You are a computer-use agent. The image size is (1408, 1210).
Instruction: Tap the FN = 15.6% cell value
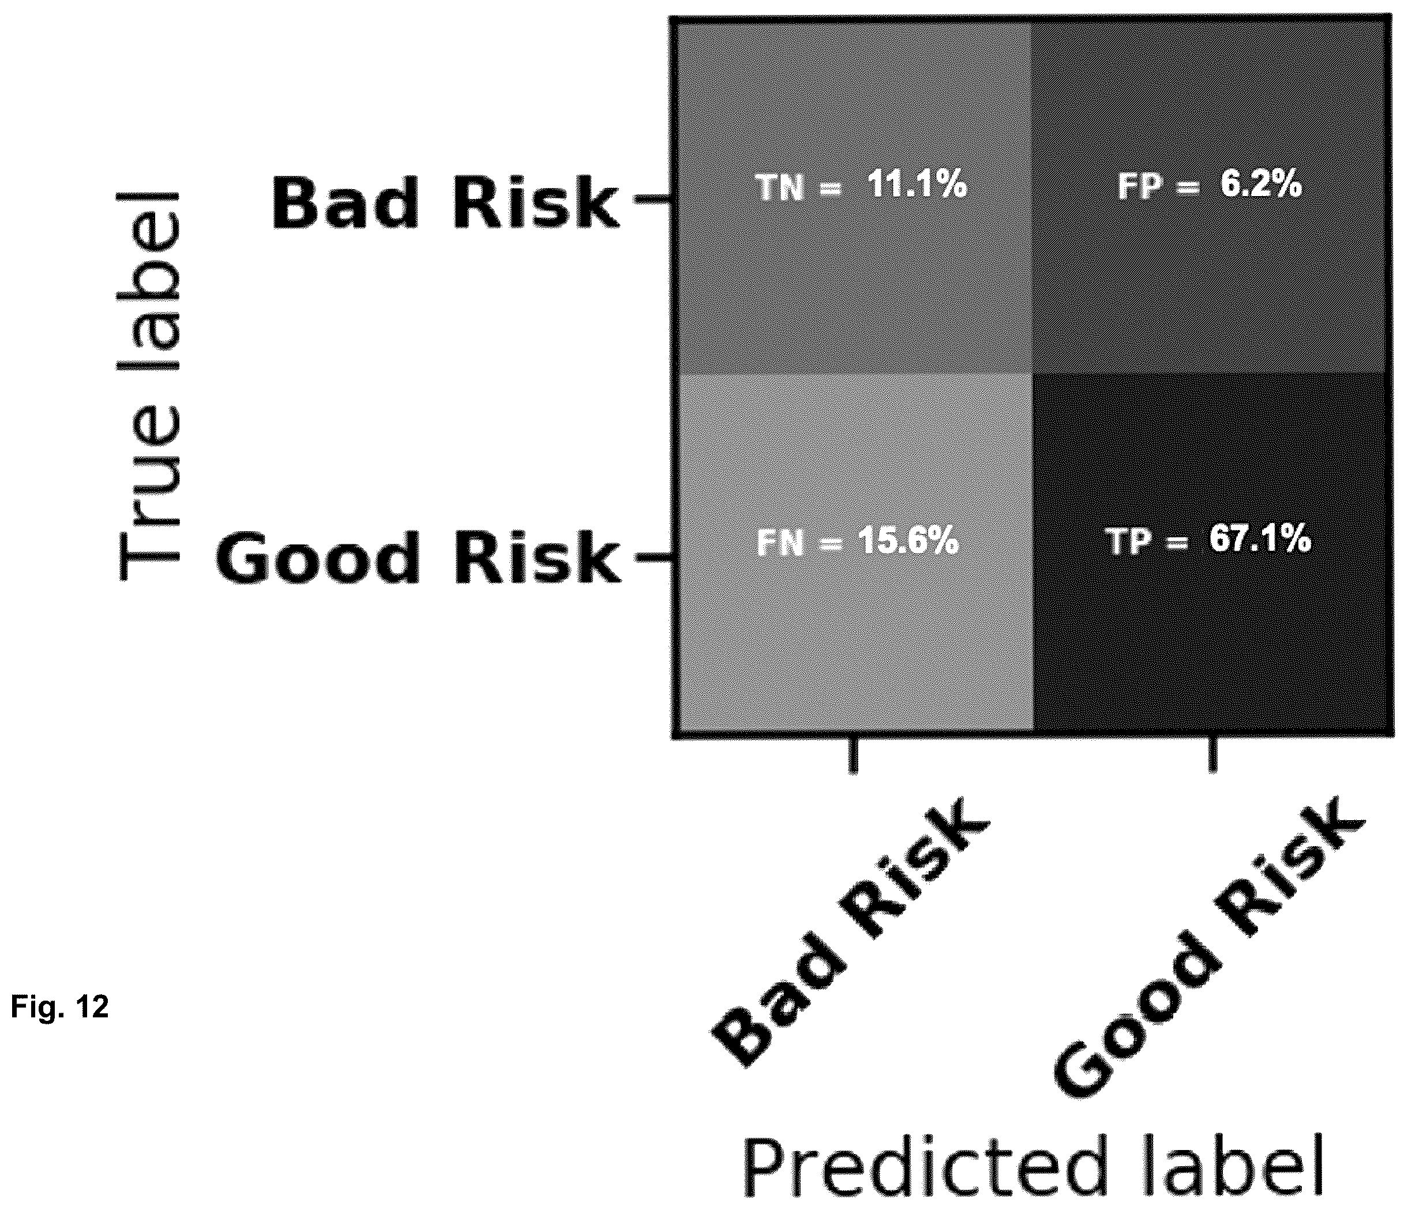(858, 542)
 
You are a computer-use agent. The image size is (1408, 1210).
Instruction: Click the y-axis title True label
(149, 385)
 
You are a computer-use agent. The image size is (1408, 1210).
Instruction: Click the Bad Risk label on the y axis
(446, 202)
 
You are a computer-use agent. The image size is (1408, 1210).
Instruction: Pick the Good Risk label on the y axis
(418, 558)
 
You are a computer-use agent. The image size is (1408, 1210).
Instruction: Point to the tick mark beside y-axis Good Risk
(652, 558)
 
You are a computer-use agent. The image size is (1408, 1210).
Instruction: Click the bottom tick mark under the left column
(854, 755)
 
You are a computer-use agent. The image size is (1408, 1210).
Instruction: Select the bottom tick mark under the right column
(1212, 755)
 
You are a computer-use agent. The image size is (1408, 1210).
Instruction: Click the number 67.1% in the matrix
(1260, 540)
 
